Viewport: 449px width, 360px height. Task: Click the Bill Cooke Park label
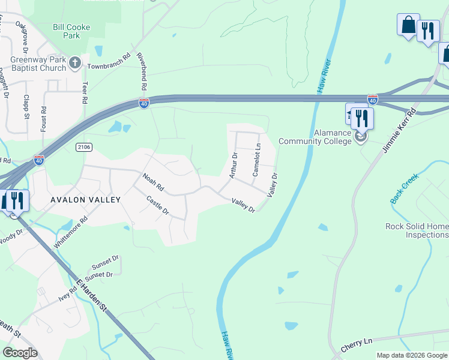[x=66, y=31]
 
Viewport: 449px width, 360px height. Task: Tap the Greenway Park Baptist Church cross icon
[x=74, y=63]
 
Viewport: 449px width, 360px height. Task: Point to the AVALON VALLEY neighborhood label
[x=86, y=200]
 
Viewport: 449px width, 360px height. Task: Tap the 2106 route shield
[x=83, y=146]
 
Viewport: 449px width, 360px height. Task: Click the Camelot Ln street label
[x=256, y=159]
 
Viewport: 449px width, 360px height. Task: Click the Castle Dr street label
[x=158, y=206]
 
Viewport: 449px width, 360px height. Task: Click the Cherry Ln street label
[x=357, y=345]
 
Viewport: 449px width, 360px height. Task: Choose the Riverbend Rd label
[x=142, y=71]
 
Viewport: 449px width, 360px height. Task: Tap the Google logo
[x=20, y=353]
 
